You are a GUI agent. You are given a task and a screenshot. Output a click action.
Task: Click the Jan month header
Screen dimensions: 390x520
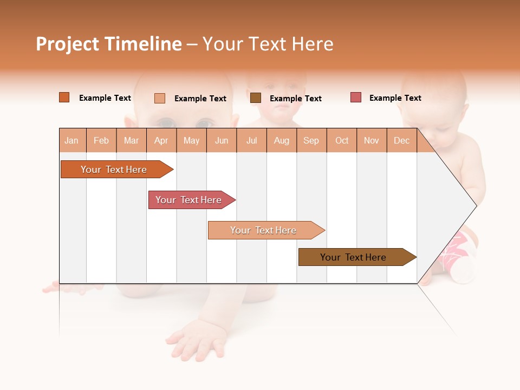71,140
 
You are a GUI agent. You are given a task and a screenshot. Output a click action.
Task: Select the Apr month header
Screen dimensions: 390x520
161,140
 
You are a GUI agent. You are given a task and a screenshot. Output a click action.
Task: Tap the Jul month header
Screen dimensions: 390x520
251,140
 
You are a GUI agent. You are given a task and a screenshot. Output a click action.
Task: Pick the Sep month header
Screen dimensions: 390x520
311,140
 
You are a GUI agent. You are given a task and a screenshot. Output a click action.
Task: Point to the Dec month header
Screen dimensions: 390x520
401,140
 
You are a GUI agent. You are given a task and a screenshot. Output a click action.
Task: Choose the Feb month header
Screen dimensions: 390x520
101,140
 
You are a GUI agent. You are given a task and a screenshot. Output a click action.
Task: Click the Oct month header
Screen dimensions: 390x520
342,140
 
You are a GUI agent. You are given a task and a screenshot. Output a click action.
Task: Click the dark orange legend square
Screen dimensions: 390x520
64,97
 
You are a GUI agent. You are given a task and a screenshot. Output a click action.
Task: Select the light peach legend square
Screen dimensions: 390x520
160,98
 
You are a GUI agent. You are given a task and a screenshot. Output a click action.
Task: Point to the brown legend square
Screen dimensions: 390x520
256,98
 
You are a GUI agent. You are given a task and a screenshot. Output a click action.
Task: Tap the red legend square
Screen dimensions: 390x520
356,97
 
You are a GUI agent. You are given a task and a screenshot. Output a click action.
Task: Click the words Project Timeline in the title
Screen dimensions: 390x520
109,44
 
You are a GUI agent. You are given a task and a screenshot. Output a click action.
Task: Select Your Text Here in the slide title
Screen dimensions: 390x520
268,44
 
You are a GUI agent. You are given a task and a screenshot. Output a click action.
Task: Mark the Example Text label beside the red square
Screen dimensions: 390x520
395,98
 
